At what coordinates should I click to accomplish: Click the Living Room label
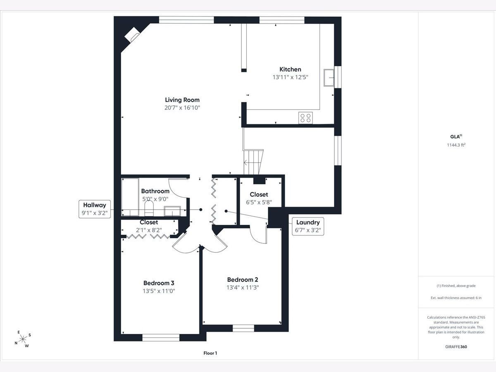click(182, 100)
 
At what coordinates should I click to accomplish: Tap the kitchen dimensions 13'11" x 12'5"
click(291, 77)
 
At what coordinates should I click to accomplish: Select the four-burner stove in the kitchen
click(305, 118)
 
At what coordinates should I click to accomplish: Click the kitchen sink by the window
click(329, 78)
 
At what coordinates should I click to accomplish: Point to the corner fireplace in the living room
click(132, 35)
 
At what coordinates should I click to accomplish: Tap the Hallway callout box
click(95, 209)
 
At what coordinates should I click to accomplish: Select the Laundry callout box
click(308, 227)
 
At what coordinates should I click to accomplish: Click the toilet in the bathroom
click(149, 208)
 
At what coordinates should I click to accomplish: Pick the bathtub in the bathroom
click(130, 197)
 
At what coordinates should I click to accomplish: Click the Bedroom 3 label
click(159, 283)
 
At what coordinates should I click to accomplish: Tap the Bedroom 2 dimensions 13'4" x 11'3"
click(243, 288)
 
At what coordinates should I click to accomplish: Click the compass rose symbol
click(23, 339)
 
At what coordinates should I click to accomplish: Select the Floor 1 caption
click(210, 353)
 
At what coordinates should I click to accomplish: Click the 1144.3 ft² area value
click(456, 145)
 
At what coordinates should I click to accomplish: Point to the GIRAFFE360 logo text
click(456, 346)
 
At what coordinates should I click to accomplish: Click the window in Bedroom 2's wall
click(243, 328)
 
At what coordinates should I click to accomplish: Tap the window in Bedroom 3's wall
click(161, 337)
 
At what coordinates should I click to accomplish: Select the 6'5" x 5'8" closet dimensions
click(259, 202)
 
